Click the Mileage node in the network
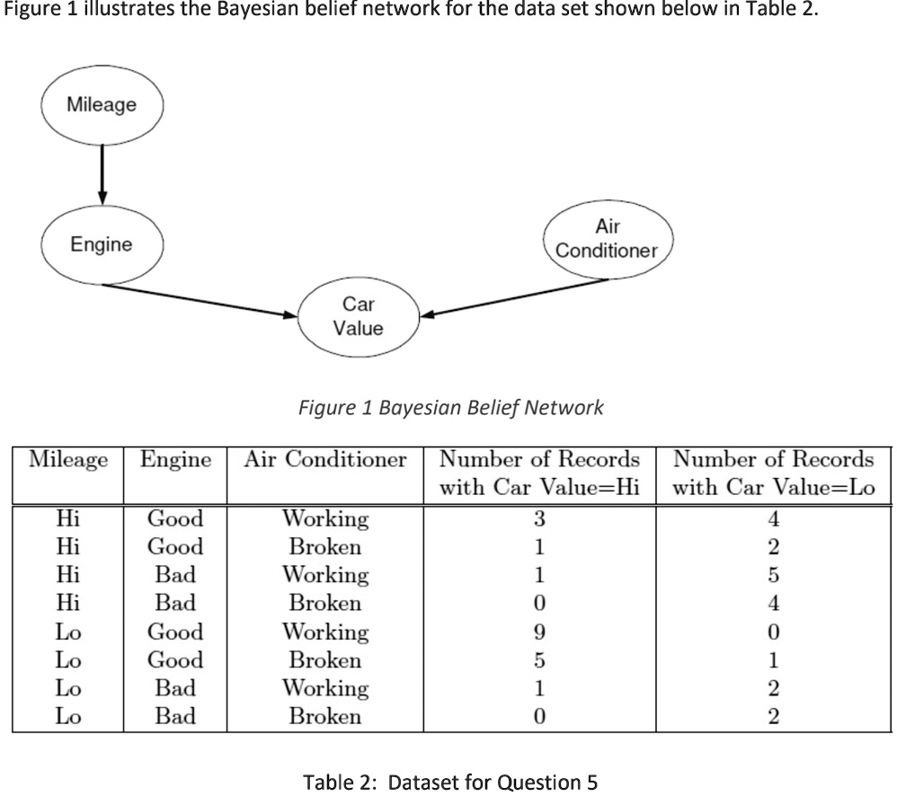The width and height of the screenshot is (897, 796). [x=102, y=106]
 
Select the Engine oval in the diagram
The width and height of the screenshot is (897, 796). [x=102, y=244]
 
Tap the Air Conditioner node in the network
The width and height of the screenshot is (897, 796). [x=607, y=239]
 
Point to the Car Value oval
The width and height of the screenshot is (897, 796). [x=358, y=317]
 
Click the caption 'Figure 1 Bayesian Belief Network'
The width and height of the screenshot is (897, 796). [x=450, y=408]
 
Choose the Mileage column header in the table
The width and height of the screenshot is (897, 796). [x=68, y=460]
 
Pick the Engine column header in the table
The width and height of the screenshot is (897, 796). [x=175, y=460]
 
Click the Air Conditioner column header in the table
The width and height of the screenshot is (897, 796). [x=325, y=460]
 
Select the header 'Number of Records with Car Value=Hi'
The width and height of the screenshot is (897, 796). [x=539, y=473]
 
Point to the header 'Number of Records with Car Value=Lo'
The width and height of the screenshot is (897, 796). [x=774, y=473]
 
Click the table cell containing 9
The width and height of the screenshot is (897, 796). [x=539, y=632]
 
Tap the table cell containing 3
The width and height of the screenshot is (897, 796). [x=539, y=519]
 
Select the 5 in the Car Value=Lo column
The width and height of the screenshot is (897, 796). [x=774, y=575]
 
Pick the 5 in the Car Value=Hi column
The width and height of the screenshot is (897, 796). [x=539, y=660]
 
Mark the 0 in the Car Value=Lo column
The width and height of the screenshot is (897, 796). [x=774, y=632]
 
